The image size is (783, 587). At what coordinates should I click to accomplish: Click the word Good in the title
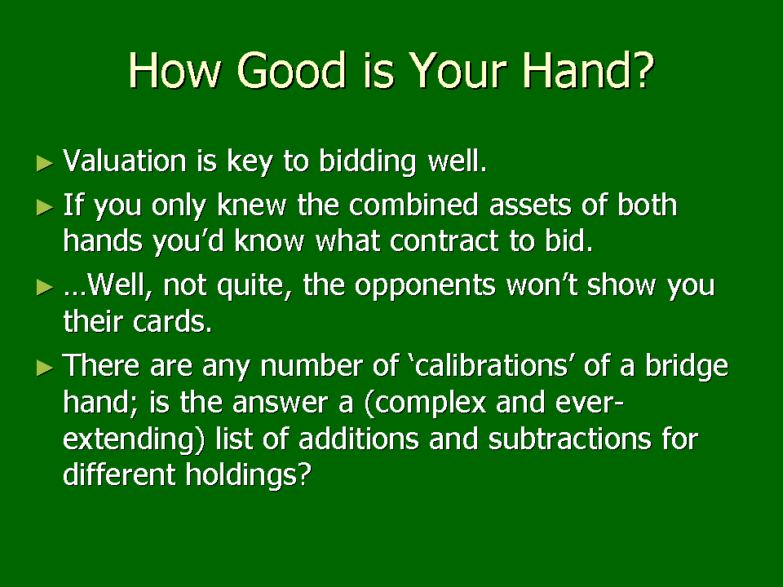tap(291, 70)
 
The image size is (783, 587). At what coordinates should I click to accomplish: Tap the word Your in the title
tap(458, 70)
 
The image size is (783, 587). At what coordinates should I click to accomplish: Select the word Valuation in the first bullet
tap(125, 161)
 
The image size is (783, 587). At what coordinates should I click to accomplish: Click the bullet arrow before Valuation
tap(45, 163)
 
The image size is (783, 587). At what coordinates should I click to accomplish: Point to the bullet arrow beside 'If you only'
tap(45, 207)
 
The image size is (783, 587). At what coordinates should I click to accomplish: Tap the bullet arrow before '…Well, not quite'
tap(45, 287)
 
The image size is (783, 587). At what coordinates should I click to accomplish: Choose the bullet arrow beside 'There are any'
tap(45, 368)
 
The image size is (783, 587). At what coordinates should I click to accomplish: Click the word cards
tap(172, 321)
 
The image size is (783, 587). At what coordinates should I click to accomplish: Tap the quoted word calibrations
tap(492, 366)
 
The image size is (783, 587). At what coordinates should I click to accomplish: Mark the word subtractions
tap(570, 439)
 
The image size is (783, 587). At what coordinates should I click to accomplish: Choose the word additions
tap(359, 439)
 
